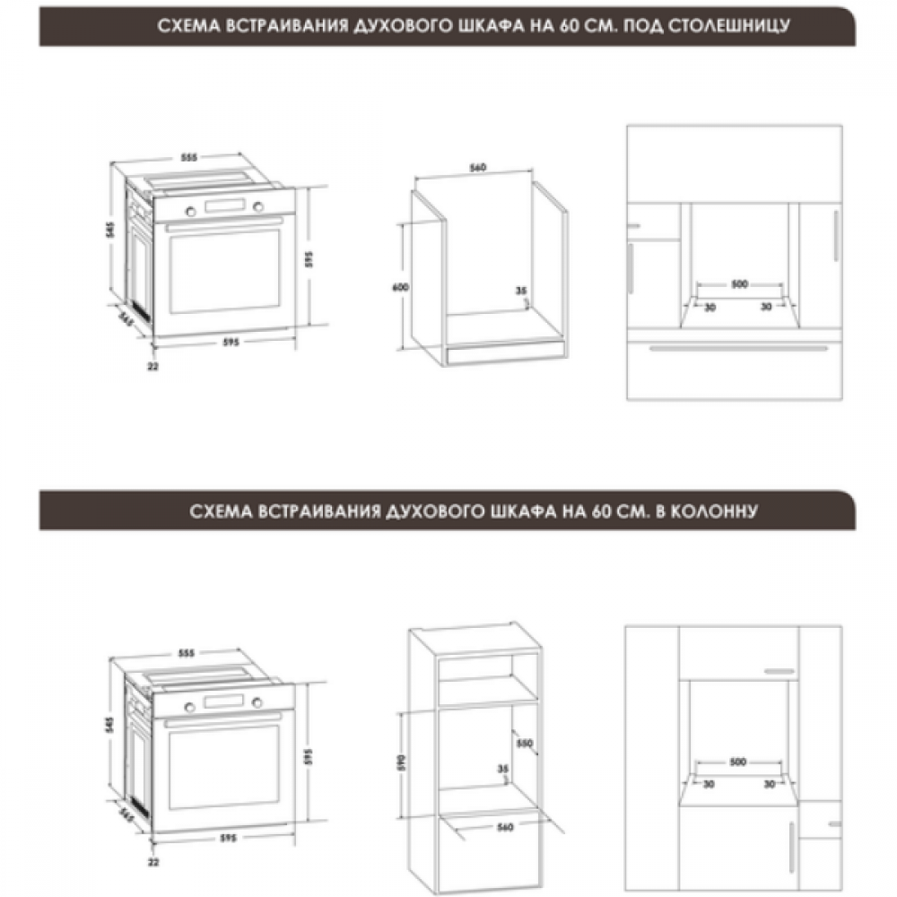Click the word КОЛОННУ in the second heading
tap(713, 511)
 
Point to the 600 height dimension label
tap(400, 287)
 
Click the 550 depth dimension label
tap(524, 743)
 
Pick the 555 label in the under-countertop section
tap(188, 157)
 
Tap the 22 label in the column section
tap(153, 861)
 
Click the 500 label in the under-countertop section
tap(740, 283)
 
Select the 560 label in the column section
tap(505, 827)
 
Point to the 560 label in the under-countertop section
tap(478, 168)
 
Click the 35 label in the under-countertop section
tap(520, 291)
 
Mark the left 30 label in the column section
tap(709, 784)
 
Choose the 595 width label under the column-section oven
tap(228, 838)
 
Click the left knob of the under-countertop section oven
tap(190, 211)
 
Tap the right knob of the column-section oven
tap(257, 702)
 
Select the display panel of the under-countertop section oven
tap(224, 206)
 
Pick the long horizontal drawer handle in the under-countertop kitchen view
tap(738, 348)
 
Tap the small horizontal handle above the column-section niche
tap(779, 671)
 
